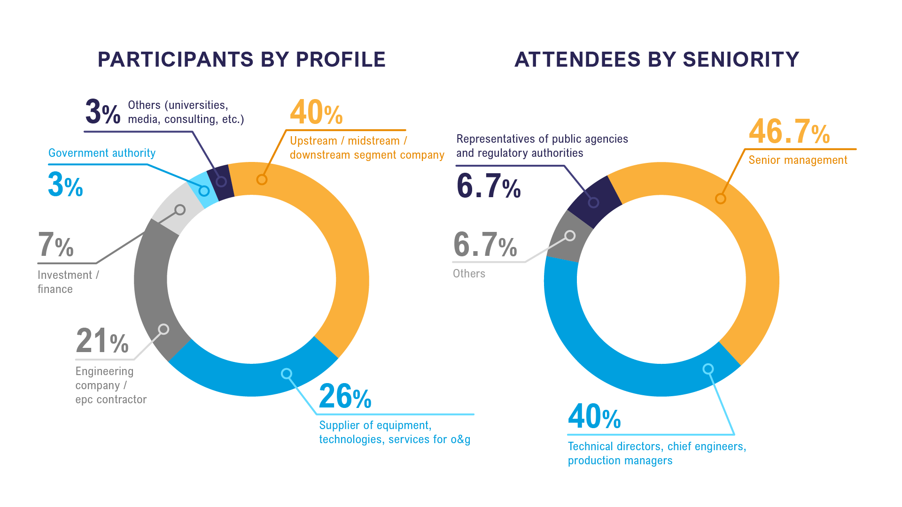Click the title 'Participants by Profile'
point(241,60)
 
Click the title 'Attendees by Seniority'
point(656,60)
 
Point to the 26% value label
point(345,397)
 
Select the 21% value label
point(102,341)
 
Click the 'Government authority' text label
point(102,153)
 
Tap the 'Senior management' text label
point(798,160)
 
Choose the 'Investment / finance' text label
point(68,282)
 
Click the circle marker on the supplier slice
point(287,374)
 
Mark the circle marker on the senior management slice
point(720,199)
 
